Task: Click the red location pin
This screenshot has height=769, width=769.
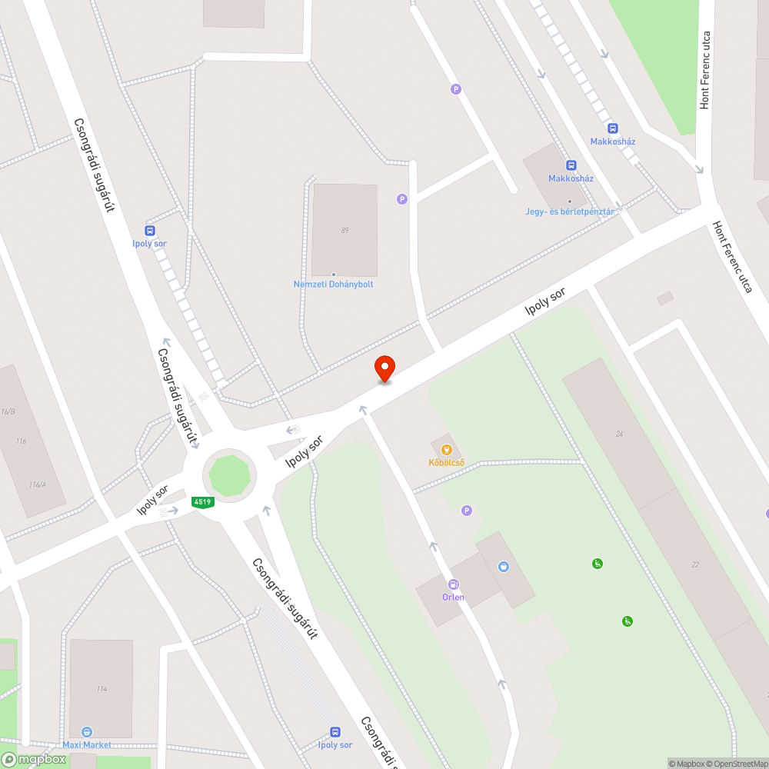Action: click(x=384, y=368)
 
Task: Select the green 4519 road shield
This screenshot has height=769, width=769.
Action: click(x=203, y=502)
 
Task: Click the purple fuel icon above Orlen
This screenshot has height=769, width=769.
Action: click(x=454, y=584)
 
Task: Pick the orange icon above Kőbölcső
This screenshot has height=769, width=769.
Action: click(x=446, y=449)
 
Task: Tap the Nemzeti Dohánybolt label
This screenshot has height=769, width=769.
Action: click(x=333, y=285)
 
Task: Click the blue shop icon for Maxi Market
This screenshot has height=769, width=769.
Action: click(x=87, y=732)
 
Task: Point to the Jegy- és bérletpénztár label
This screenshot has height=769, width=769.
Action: click(x=570, y=211)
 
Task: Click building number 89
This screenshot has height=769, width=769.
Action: click(x=345, y=230)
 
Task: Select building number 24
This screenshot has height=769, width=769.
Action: click(x=619, y=434)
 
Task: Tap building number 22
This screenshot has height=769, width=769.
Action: click(x=695, y=564)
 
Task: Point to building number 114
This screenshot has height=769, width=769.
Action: click(x=102, y=688)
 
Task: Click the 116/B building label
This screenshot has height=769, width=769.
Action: click(x=8, y=411)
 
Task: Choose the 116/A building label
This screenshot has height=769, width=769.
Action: click(x=37, y=484)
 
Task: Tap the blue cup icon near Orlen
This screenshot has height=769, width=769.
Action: click(x=504, y=567)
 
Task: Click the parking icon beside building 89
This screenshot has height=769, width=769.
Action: click(x=401, y=199)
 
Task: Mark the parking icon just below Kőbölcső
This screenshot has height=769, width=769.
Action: click(x=466, y=511)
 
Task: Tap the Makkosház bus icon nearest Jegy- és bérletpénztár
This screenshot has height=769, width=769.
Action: click(x=571, y=165)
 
